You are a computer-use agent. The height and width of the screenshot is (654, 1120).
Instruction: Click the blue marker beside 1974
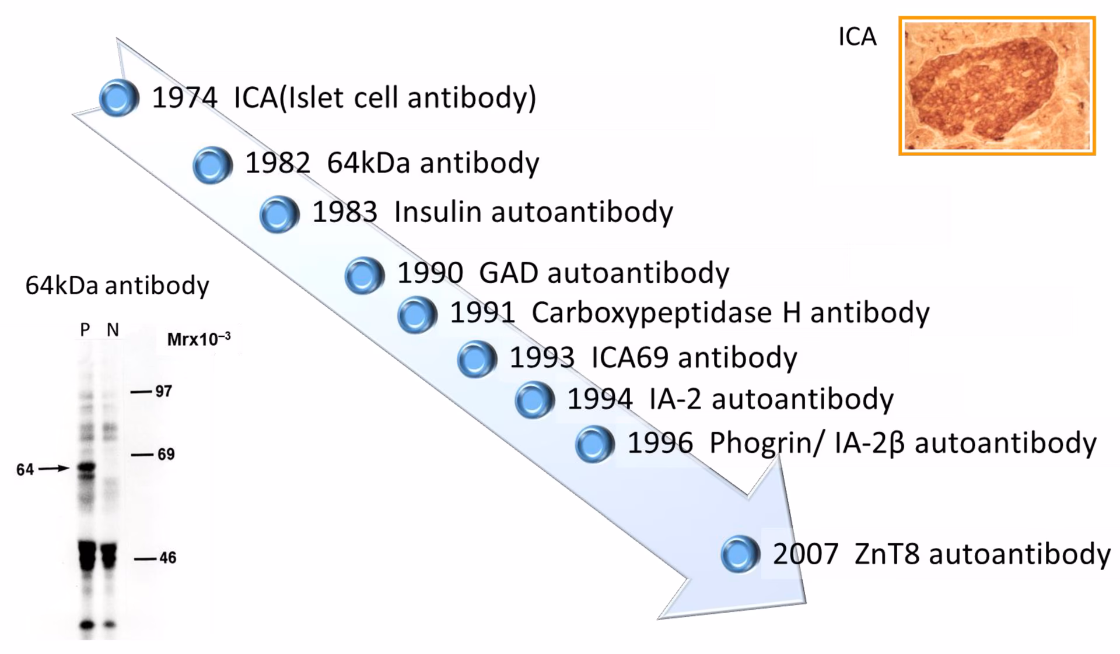(119, 98)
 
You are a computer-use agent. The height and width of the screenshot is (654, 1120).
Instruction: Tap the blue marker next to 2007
(740, 554)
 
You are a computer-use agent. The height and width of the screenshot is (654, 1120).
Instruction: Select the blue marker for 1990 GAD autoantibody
(365, 275)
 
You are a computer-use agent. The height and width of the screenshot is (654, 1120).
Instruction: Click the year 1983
(345, 212)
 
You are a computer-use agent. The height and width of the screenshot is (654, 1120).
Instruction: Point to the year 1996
(660, 443)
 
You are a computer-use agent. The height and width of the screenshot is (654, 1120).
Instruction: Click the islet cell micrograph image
(997, 86)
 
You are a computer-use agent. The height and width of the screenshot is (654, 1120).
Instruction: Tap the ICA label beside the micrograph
(857, 37)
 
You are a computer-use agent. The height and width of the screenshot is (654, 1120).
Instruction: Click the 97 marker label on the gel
(163, 391)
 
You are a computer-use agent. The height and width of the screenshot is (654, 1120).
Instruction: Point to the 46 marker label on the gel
(167, 558)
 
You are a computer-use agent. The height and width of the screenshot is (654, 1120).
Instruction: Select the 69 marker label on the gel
(166, 454)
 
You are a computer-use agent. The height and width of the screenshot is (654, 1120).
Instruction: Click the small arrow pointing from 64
(54, 468)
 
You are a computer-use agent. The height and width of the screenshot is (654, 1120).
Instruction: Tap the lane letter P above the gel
(85, 330)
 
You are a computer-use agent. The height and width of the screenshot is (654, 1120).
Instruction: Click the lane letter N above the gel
(113, 330)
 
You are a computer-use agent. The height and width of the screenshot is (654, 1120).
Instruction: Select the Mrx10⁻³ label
(198, 339)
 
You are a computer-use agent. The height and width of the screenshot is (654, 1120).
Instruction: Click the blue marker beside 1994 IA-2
(534, 400)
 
